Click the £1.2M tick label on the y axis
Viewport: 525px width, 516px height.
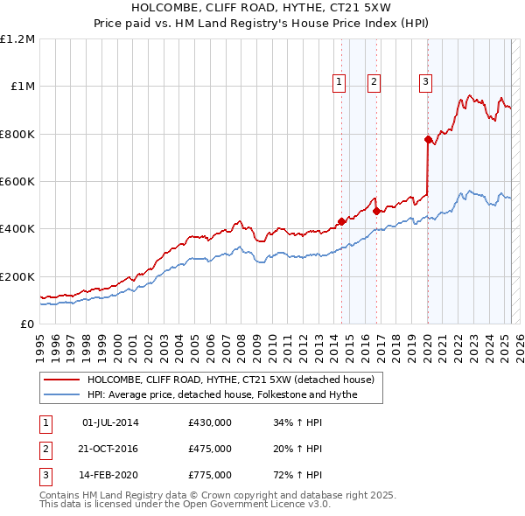pyautogui.click(x=17, y=38)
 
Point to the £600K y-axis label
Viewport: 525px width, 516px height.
pyautogui.click(x=17, y=181)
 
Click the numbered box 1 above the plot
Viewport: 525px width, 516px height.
pyautogui.click(x=339, y=83)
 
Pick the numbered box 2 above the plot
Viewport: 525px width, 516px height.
pyautogui.click(x=374, y=83)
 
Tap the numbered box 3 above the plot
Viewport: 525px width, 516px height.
pyautogui.click(x=425, y=83)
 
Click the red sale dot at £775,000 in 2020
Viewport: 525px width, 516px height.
pyautogui.click(x=427, y=140)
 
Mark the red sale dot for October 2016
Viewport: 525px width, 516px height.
pyautogui.click(x=376, y=211)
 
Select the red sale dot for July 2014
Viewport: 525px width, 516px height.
pyautogui.click(x=341, y=221)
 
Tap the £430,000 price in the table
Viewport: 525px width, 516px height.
pyautogui.click(x=210, y=422)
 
